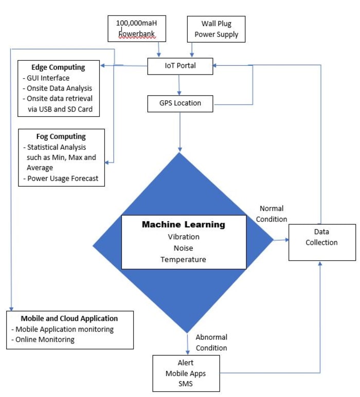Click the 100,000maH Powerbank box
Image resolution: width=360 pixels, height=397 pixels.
pos(137,28)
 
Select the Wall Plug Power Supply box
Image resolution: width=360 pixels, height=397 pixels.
pos(216,29)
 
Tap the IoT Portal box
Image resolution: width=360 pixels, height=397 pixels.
pos(180,66)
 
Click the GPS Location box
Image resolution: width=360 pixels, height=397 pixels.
pos(180,103)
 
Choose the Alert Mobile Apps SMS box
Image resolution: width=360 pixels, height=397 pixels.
pos(186,373)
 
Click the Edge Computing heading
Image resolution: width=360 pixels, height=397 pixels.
pos(58,67)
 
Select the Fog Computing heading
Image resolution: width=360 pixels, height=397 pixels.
pos(61,136)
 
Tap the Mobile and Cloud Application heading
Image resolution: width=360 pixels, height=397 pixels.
pos(69,318)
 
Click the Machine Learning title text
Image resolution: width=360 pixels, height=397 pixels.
pos(184,225)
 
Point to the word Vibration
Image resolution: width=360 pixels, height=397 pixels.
pos(184,237)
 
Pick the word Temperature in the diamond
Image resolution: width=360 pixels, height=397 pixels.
pos(184,260)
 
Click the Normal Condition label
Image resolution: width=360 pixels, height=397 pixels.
pos(272,214)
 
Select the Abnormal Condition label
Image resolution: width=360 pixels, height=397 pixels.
pos(211,342)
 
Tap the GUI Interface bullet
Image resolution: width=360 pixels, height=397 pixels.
pos(48,78)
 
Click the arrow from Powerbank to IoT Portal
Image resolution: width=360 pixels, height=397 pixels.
pos(159,49)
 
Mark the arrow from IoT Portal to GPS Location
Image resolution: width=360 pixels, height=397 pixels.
pos(179,84)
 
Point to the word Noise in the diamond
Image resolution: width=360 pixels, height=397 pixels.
pos(184,248)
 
